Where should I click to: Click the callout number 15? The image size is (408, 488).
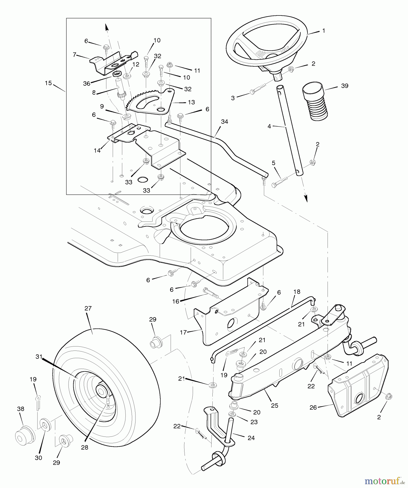tap(48, 83)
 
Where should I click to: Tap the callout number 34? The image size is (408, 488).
tap(224, 122)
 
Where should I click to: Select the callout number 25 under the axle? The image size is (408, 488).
tap(274, 406)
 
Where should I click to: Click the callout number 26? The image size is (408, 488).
tap(313, 407)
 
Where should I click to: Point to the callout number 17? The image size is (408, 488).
tap(183, 332)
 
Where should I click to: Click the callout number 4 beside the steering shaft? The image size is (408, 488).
tap(269, 126)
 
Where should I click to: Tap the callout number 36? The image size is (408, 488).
tap(87, 84)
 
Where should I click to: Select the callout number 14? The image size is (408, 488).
tap(97, 150)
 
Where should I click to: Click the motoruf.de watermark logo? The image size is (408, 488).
tap(382, 481)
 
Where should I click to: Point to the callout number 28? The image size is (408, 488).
tap(85, 448)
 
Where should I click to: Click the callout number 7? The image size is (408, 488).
tap(75, 54)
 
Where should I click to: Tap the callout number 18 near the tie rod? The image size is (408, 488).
tap(297, 292)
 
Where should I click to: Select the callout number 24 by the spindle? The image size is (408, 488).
tap(251, 438)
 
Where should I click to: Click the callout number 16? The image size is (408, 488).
tap(176, 301)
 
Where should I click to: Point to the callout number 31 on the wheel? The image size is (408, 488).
tap(39, 357)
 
